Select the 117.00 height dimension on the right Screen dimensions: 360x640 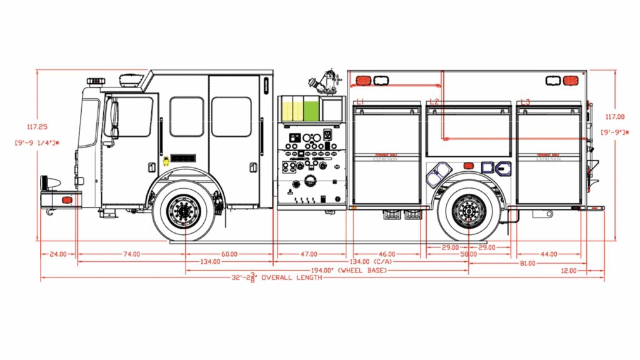click(615, 116)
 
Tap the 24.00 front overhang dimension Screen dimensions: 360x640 click(57, 254)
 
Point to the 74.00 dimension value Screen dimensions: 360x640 click(131, 254)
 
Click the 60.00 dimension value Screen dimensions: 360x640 click(229, 254)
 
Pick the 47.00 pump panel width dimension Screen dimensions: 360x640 click(309, 254)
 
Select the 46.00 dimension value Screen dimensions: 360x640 click(387, 254)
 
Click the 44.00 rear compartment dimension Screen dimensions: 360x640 click(549, 254)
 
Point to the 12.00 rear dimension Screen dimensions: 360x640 click(569, 271)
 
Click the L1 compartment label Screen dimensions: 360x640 click(360, 101)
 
